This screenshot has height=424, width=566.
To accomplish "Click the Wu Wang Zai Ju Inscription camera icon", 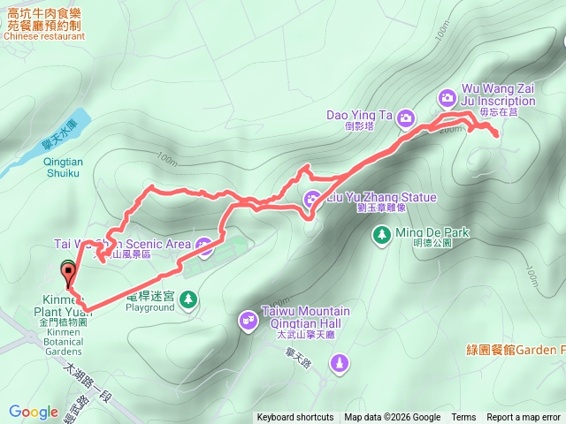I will click(447, 95).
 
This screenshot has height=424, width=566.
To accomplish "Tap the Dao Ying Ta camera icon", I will click(405, 116).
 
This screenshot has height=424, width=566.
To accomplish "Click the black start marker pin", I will click(68, 271).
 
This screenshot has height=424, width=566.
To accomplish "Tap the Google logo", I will click(34, 412).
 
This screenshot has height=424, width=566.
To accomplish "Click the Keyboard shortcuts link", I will click(295, 418).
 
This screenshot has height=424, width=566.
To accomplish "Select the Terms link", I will click(463, 418).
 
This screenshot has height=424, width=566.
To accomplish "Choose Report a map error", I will click(524, 418).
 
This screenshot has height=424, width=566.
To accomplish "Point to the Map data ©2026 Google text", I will click(392, 418).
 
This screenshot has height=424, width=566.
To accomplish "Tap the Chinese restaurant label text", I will click(44, 36).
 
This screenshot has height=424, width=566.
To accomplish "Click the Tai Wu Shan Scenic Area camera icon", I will click(205, 245).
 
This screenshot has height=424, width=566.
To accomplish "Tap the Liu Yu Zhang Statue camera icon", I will click(312, 198).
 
